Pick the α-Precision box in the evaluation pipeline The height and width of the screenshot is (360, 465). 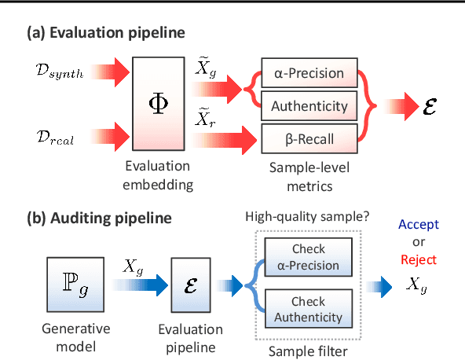click(309, 73)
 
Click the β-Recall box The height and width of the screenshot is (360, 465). click(309, 139)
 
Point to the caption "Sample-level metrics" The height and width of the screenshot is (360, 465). click(309, 176)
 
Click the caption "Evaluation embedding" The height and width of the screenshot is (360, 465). click(160, 176)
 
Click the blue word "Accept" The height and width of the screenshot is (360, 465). click(418, 224)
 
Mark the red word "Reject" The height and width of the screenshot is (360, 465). click(418, 259)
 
